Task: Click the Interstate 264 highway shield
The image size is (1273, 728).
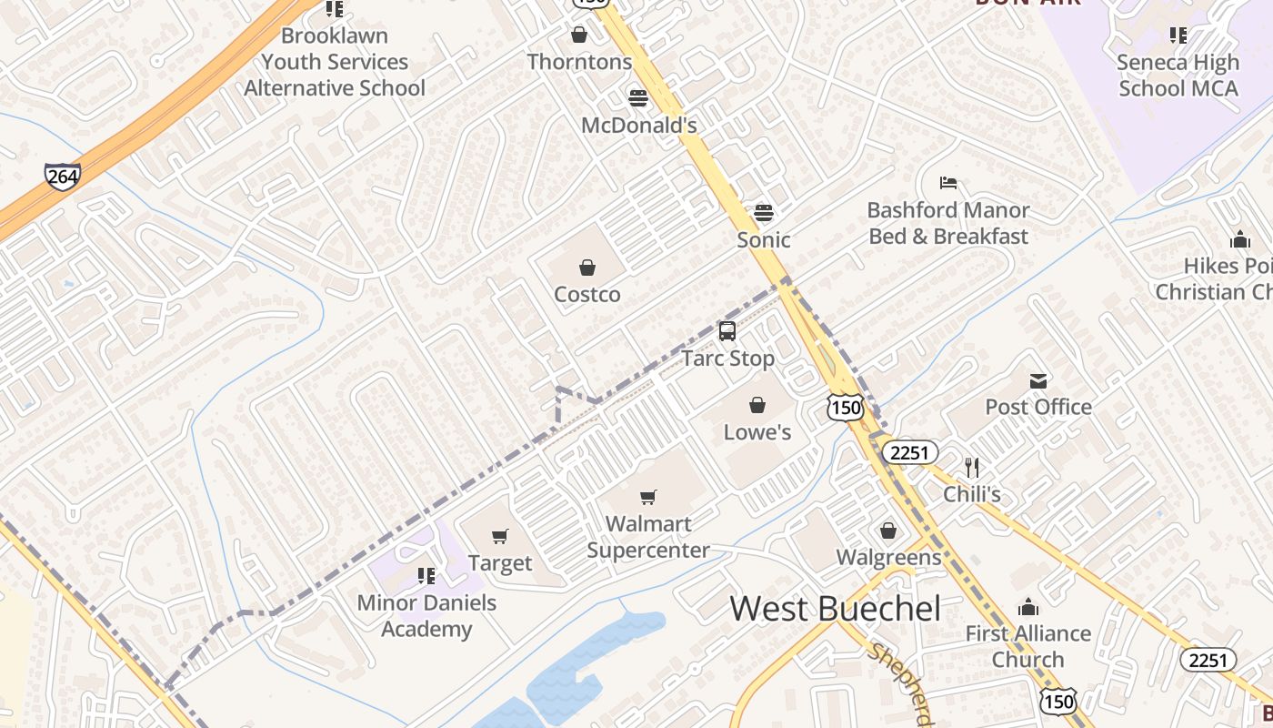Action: [62, 177]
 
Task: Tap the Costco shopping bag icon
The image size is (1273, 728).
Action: [587, 268]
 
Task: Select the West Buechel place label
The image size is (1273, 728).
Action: [835, 609]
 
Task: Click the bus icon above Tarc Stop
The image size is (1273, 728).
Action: [727, 331]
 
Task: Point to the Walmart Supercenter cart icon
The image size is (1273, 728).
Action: [647, 497]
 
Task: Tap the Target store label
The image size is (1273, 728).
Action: [499, 563]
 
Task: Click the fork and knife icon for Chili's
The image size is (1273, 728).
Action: [972, 468]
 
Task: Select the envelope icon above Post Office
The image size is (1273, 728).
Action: [1038, 380]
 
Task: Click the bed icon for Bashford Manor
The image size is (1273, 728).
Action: [948, 183]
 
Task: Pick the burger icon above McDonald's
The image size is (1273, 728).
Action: [638, 98]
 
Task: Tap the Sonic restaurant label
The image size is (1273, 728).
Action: [763, 240]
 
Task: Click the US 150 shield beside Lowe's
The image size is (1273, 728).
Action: [845, 408]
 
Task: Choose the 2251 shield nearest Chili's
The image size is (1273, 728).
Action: [910, 452]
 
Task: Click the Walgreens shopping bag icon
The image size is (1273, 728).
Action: [888, 531]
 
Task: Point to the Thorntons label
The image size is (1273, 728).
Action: [579, 62]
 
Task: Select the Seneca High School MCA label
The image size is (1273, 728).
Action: [1178, 76]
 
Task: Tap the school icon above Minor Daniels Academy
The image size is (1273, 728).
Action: [426, 576]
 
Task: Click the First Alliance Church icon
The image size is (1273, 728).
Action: [1028, 607]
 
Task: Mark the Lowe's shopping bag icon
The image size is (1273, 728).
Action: [757, 405]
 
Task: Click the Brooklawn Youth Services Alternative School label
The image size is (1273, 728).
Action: [335, 62]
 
